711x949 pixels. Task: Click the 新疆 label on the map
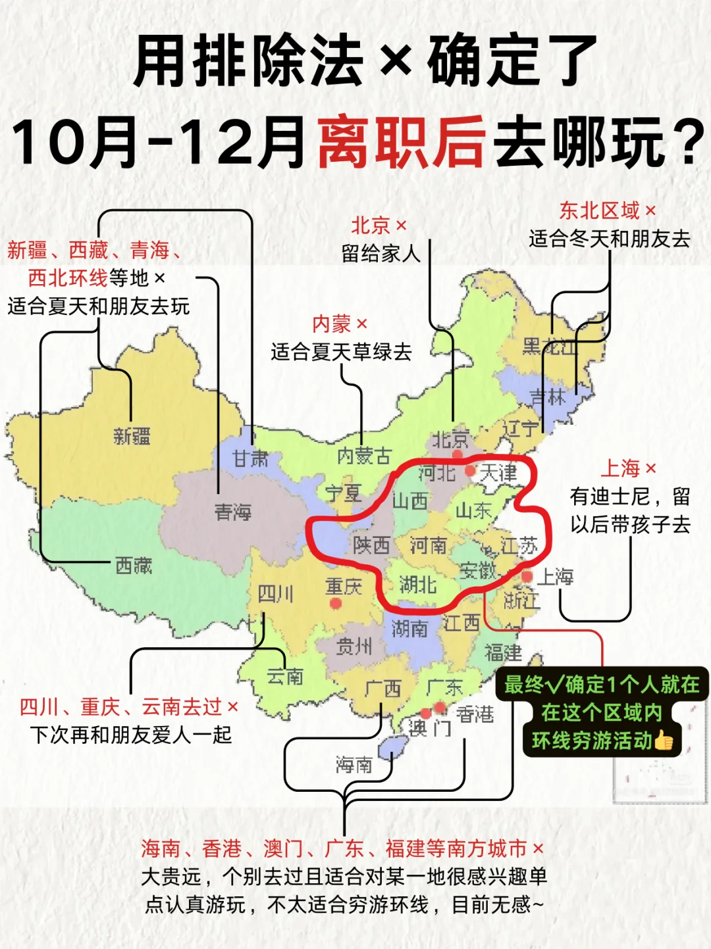click(132, 435)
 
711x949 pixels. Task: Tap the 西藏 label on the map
click(134, 565)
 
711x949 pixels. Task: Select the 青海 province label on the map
click(233, 512)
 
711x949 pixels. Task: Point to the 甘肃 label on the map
click(250, 458)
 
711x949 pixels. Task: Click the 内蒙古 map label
click(363, 456)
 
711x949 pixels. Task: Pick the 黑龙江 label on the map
click(549, 347)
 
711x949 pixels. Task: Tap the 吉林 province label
click(548, 397)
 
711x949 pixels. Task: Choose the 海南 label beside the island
click(354, 764)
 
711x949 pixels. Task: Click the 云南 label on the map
click(285, 676)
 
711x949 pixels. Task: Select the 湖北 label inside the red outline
click(418, 584)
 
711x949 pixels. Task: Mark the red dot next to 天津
click(470, 471)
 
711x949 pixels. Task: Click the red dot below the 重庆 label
click(336, 602)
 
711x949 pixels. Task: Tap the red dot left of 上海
click(527, 576)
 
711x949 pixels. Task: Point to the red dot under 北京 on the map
click(457, 454)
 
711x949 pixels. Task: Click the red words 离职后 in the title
click(402, 142)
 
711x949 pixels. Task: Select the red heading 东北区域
click(599, 210)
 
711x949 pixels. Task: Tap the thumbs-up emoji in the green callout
click(664, 741)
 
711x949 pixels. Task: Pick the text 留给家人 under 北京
click(381, 253)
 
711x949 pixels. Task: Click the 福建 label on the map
click(503, 652)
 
